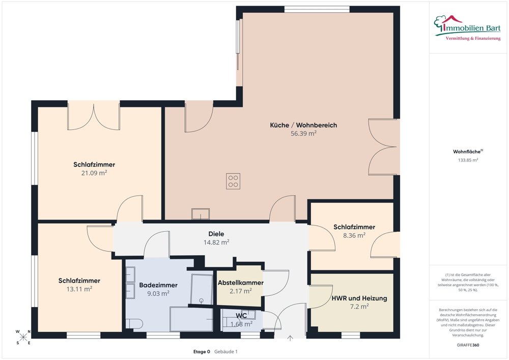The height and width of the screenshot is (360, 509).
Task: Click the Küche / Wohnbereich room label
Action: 303,125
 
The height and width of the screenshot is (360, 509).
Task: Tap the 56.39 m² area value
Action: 303,133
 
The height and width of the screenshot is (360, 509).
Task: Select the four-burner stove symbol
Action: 233,181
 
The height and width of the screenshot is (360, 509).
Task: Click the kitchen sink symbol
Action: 200,214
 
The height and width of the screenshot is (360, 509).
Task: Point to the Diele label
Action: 216,234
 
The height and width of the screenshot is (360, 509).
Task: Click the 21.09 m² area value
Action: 94,173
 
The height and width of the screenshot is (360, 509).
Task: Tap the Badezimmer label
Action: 158,285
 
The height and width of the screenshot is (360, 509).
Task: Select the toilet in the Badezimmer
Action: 134,324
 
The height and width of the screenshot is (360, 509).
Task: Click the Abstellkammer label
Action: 241,283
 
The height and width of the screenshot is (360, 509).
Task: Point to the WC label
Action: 241,316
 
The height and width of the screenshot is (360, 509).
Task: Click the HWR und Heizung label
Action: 359,298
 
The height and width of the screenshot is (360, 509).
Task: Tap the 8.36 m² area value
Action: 354,235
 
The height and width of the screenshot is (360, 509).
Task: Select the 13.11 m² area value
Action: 79,289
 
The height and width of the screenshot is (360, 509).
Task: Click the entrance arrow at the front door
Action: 290,338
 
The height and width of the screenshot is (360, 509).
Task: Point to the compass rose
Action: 23,337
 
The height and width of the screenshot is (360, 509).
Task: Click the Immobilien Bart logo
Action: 467,27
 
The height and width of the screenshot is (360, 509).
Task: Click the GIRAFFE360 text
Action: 468,345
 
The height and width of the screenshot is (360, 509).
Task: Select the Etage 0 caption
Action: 202,351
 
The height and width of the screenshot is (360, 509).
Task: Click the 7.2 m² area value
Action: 359,307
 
